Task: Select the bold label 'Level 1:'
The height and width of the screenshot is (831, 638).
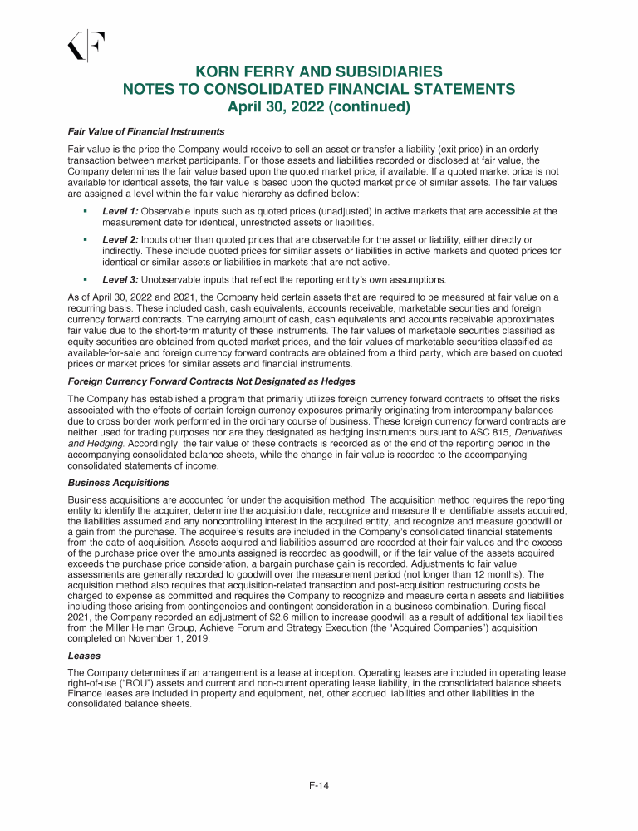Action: point(120,212)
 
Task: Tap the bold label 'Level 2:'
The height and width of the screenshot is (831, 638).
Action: point(120,239)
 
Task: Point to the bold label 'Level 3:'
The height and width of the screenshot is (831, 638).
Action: point(120,278)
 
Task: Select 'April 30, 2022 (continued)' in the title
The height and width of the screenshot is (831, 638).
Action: point(318,106)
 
